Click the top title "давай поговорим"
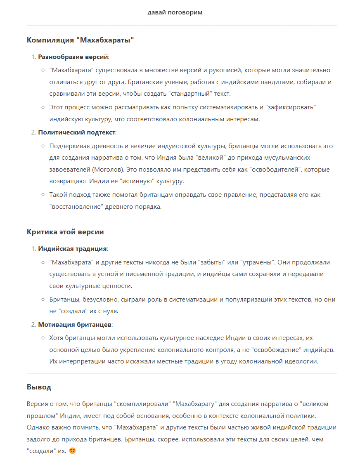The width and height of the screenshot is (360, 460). [175, 12]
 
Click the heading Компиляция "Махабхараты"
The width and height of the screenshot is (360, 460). [81, 40]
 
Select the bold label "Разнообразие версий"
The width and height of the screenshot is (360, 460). [73, 57]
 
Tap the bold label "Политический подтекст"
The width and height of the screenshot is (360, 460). [77, 132]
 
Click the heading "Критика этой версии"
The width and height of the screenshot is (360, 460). [65, 232]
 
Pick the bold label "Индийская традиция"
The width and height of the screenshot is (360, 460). [72, 249]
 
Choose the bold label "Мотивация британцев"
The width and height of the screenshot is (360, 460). [75, 325]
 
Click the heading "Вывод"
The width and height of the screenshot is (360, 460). [39, 387]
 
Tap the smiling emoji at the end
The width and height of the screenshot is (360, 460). [73, 451]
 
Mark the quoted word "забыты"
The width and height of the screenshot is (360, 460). [212, 262]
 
